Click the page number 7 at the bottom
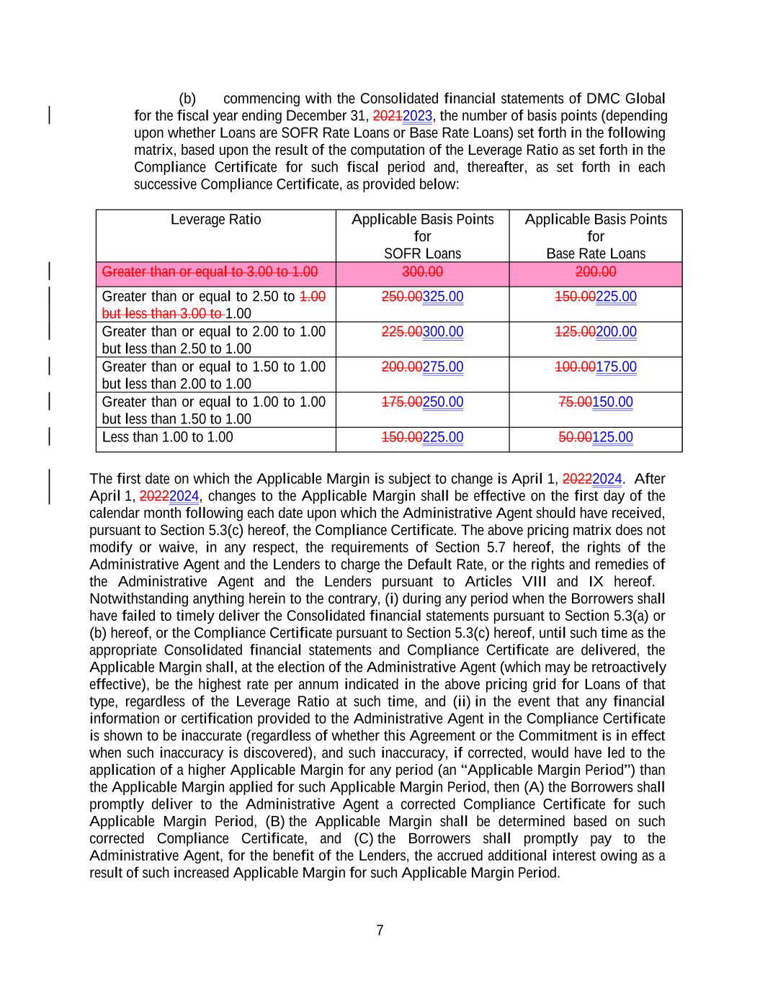coord(380,930)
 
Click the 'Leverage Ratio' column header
coord(215,220)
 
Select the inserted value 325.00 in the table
coord(443,297)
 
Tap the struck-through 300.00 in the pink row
coord(422,272)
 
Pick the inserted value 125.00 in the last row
coord(612,438)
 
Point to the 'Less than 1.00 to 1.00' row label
coord(167,437)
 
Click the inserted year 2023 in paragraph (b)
coord(418,116)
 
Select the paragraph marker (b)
coord(187,99)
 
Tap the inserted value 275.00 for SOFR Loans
coord(443,367)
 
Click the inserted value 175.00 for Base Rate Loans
coord(616,367)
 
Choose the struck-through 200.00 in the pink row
coord(596,272)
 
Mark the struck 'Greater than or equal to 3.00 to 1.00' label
coord(210,272)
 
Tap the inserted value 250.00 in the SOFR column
coord(443,403)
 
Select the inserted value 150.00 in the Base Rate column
coord(612,403)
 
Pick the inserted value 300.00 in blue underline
coord(443,332)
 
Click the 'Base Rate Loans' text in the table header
coord(596,254)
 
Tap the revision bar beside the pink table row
coord(49,271)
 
